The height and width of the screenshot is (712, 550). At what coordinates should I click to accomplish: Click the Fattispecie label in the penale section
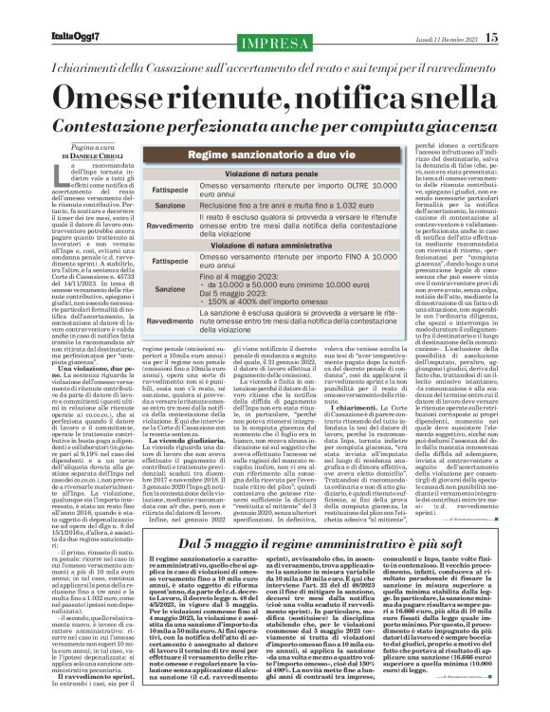point(171,189)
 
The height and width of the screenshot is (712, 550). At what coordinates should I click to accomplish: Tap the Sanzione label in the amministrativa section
point(171,288)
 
